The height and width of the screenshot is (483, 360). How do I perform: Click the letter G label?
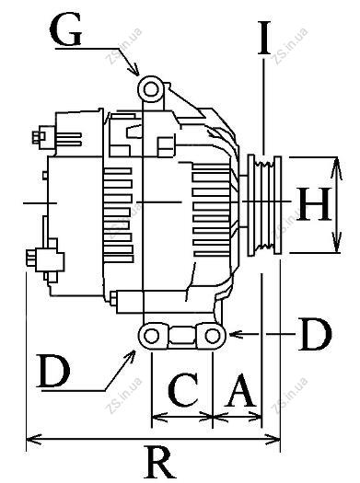coord(65,29)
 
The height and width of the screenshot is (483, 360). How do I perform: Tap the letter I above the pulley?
coord(264,38)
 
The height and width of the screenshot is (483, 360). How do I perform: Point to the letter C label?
coord(184,389)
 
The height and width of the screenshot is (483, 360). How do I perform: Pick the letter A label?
coord(240,390)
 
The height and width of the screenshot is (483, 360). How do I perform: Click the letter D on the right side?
coord(315,335)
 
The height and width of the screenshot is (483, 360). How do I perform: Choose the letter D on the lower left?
coord(53,371)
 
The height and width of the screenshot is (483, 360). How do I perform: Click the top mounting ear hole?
coord(151,89)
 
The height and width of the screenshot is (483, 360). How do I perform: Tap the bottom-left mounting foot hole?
coord(151,336)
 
